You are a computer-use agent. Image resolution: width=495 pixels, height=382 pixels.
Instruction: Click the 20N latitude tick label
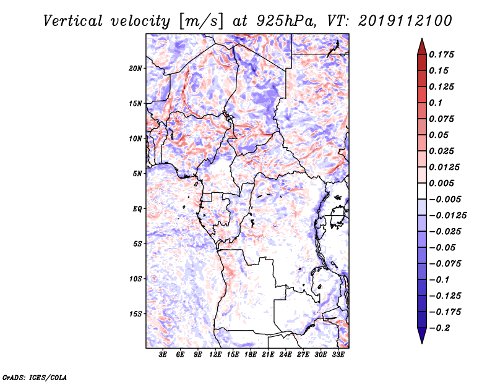coord(136,68)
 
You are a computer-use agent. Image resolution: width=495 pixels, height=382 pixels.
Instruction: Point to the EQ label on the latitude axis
coord(137,209)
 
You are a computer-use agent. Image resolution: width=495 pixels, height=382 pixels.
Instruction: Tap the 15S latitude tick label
coord(136,314)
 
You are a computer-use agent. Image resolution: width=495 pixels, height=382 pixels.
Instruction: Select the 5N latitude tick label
coord(137,174)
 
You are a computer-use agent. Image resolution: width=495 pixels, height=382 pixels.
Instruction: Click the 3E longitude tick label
coord(163,355)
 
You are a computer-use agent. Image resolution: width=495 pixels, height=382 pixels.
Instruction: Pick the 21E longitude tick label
coord(268,355)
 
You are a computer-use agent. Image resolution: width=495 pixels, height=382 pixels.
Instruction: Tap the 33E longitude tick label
coord(338,355)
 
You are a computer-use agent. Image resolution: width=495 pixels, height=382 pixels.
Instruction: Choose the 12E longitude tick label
coord(215,355)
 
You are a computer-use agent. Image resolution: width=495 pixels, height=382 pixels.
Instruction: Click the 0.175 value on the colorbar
coord(443,54)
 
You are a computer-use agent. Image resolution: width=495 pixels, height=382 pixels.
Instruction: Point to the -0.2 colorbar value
coord(441,328)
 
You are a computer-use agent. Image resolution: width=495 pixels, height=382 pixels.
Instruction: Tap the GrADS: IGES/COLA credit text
coord(27,376)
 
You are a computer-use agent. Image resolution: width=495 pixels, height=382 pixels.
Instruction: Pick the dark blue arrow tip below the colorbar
coord(421,338)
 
